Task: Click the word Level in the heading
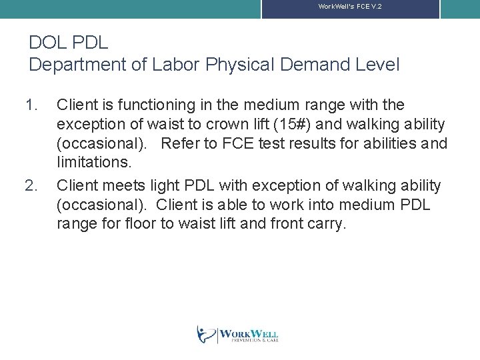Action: pos(377,65)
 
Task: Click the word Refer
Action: pos(179,144)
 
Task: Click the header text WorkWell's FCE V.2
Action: pos(349,6)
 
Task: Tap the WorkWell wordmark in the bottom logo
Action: pos(248,333)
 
